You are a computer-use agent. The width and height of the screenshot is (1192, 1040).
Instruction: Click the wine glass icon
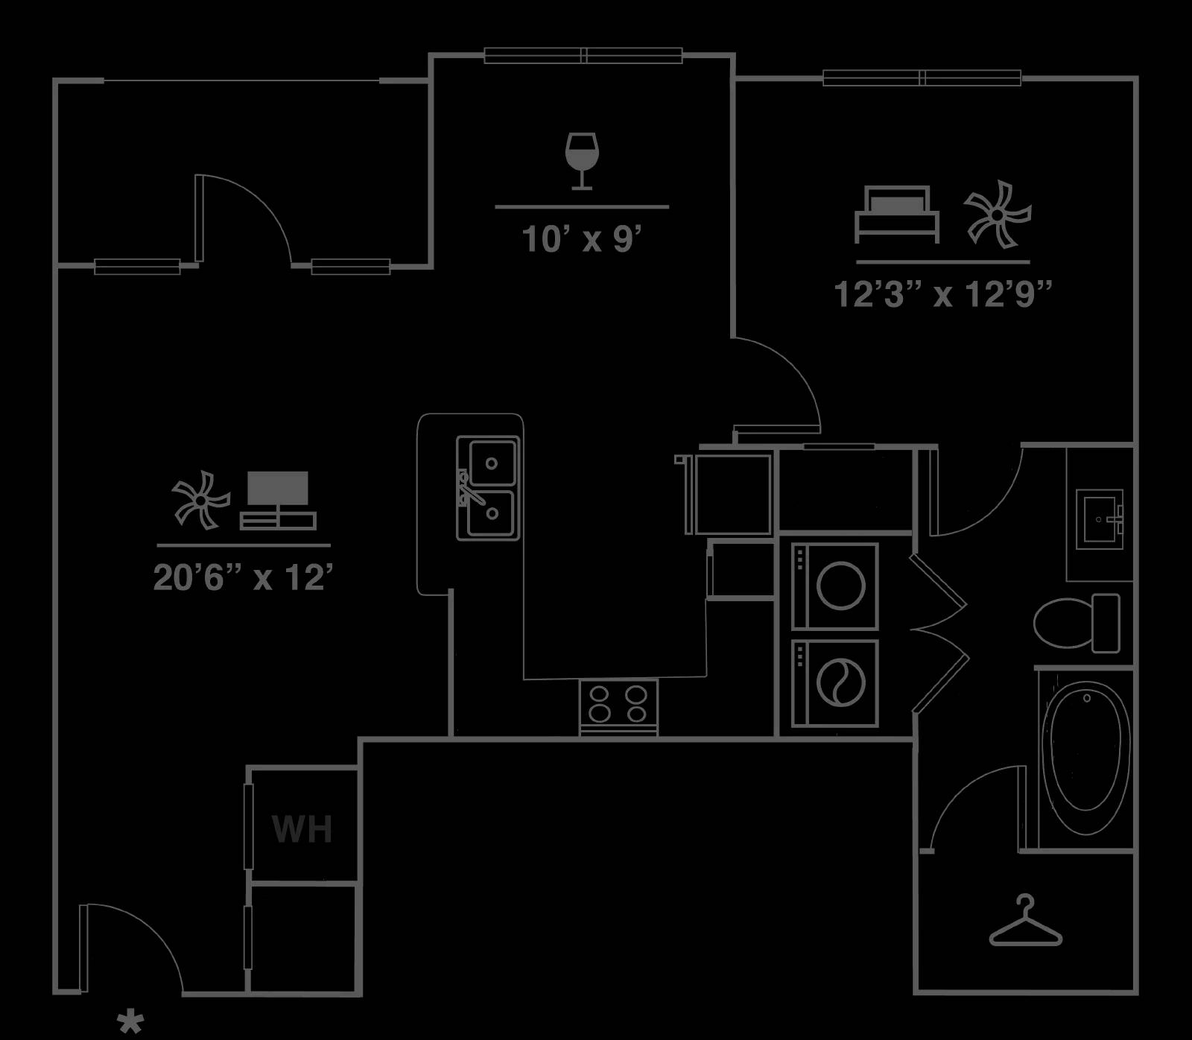point(582,161)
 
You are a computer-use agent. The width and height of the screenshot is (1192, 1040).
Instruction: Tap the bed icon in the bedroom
point(897,214)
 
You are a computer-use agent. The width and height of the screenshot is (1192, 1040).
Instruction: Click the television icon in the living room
point(278,501)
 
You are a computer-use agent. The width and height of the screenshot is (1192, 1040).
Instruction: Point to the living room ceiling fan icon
point(201,500)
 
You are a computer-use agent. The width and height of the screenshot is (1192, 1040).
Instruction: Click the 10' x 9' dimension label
point(582,240)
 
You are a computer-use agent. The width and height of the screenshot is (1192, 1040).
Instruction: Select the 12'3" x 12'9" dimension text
point(942,294)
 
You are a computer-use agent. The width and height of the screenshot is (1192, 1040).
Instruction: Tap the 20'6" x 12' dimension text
point(243,577)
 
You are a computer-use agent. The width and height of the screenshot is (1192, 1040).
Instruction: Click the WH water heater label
point(302,829)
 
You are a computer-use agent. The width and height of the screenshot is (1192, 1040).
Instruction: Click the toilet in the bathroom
point(1077,622)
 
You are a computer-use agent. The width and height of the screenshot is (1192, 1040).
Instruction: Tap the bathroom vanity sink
point(1100,519)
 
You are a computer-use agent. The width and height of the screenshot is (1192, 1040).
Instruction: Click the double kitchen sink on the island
point(489,488)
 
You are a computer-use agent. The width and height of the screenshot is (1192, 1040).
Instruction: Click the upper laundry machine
point(835,586)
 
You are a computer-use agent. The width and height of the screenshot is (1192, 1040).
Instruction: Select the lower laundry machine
point(835,682)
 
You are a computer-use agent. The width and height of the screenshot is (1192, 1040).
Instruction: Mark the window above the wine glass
point(583,55)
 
